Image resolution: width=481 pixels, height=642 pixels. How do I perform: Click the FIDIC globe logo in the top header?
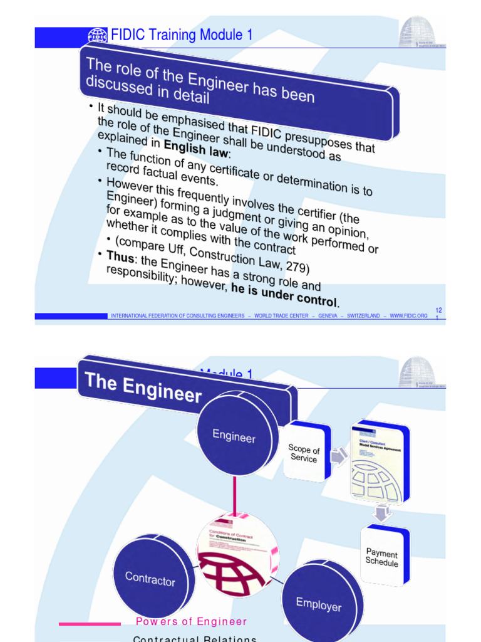point(98,36)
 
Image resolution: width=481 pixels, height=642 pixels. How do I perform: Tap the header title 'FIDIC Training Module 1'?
point(182,35)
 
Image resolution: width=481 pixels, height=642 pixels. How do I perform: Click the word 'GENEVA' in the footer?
point(328,316)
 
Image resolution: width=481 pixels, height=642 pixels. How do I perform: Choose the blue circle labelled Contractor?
point(150,577)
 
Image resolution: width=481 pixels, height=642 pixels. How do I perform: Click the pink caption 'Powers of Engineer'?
point(192,622)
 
